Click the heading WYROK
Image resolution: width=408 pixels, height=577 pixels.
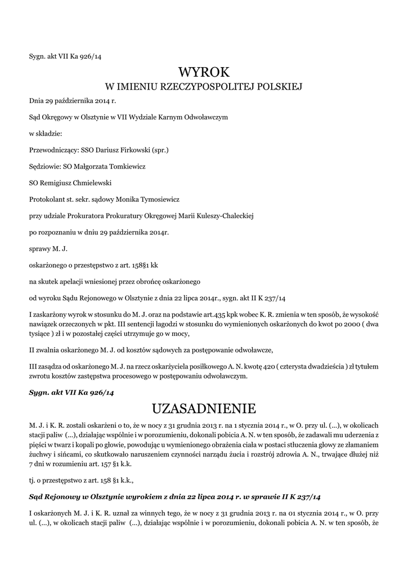pyautogui.click(x=204, y=72)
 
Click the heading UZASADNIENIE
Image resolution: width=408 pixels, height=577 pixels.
pyautogui.click(x=204, y=407)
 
